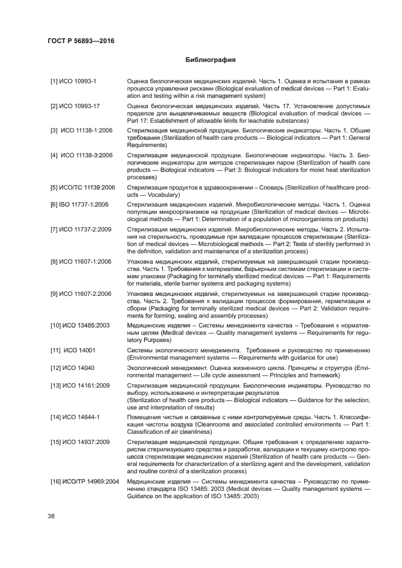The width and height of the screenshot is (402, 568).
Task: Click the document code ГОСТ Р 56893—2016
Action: [x=81, y=41]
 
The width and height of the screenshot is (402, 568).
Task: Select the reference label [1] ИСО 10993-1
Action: [x=69, y=81]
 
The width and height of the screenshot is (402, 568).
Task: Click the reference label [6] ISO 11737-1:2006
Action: [x=79, y=205]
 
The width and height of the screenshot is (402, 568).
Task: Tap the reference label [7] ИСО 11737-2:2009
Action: [x=80, y=230]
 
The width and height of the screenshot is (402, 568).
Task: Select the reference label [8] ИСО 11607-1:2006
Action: [x=80, y=262]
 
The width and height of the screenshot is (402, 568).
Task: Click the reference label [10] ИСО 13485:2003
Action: [x=80, y=326]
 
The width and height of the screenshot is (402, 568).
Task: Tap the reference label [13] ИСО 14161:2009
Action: [x=80, y=386]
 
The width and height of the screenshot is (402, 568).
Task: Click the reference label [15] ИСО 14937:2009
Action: [x=80, y=443]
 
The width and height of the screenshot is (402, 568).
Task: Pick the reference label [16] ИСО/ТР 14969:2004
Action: [x=85, y=482]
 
